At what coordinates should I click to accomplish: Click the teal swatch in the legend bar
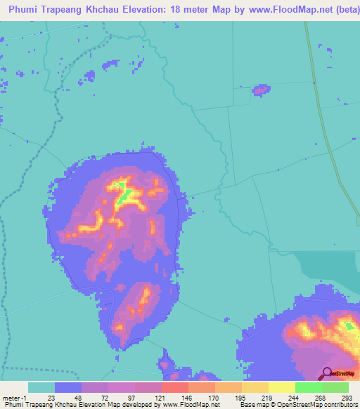[41, 387]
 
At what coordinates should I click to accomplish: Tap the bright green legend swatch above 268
[308, 387]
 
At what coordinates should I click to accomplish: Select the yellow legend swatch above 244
[281, 387]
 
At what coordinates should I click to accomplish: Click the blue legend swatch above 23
[68, 387]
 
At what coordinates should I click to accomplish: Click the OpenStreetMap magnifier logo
[326, 373]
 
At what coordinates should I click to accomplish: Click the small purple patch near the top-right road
[262, 89]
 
